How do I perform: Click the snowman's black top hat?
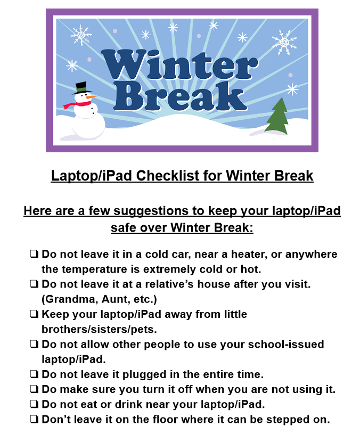point(81,88)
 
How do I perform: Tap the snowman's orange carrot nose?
point(91,97)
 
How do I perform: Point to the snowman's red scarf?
point(77,104)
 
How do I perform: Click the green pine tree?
point(277,116)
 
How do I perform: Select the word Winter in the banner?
point(180,65)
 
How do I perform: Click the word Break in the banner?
point(181,96)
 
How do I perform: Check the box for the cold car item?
point(34,254)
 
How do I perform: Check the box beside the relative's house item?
point(34,284)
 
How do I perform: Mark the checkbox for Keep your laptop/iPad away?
point(34,314)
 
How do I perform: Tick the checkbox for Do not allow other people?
point(34,344)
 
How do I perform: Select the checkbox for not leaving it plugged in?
point(34,374)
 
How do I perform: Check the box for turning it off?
point(34,389)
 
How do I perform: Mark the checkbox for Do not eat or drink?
point(34,404)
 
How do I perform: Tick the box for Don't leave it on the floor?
point(34,419)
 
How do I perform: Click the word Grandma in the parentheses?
point(71,299)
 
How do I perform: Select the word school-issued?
point(286,345)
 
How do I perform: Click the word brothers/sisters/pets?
point(99,330)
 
